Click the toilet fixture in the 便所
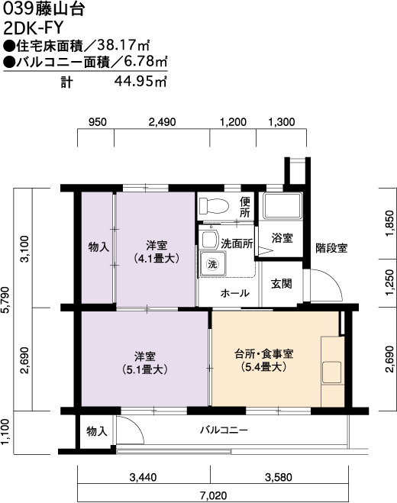[x=214, y=205]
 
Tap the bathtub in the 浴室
[x=282, y=205]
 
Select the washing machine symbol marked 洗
[x=213, y=264]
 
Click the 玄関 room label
[x=282, y=284]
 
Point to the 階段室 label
[x=331, y=248]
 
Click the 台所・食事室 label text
[x=264, y=353]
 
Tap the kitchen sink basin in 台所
[x=331, y=372]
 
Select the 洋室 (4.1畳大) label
[x=157, y=252]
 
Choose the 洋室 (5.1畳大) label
[x=145, y=363]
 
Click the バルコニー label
[x=224, y=430]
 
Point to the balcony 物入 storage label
[x=97, y=431]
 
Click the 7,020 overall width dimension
[x=214, y=495]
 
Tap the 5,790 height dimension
[x=8, y=300]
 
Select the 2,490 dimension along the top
[x=163, y=122]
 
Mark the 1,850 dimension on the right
[x=389, y=224]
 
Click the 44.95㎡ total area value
[x=141, y=82]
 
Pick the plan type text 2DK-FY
[x=33, y=28]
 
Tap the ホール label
[x=234, y=292]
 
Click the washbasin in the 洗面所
[x=208, y=237]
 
